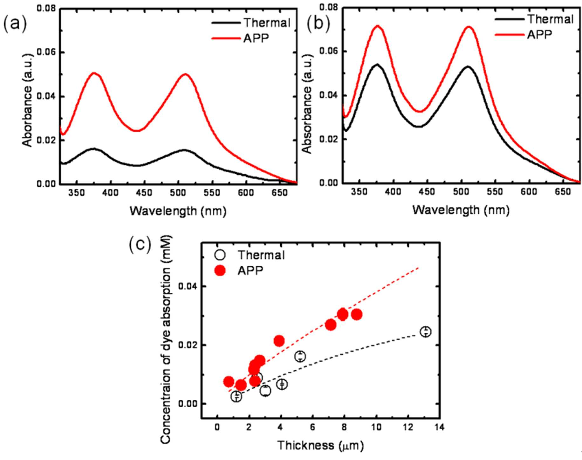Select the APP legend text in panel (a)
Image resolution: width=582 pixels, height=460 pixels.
tap(256, 38)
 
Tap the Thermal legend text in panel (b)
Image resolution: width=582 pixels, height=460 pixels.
tap(551, 19)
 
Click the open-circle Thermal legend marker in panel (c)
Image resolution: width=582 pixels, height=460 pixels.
tap(220, 255)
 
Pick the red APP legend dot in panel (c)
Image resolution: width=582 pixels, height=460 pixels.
tap(220, 270)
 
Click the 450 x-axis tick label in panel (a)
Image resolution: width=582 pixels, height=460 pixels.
tap(144, 193)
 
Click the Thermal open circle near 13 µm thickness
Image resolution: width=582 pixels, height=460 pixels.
tap(425, 332)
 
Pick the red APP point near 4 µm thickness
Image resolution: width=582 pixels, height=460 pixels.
tap(279, 341)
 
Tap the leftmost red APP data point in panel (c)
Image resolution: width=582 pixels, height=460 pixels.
tap(229, 382)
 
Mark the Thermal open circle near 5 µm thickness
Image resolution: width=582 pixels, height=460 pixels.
tap(300, 356)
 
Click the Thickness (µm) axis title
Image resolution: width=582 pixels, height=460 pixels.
tap(320, 445)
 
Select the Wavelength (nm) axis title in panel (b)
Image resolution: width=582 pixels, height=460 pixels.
tap(461, 210)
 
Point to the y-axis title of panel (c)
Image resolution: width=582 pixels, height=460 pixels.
tap(166, 339)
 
